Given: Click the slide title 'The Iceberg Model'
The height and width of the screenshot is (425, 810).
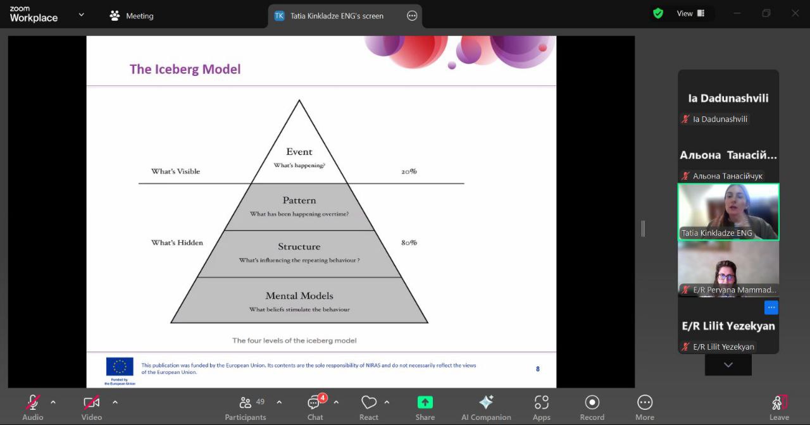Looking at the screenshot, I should [x=185, y=69].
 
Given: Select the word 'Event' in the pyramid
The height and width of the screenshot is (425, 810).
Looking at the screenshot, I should [x=299, y=152].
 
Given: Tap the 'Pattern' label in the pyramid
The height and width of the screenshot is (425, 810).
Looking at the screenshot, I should [x=299, y=200].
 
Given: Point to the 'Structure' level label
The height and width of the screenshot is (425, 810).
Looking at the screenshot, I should [x=299, y=247].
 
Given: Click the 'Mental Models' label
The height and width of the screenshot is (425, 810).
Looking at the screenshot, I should [x=299, y=295].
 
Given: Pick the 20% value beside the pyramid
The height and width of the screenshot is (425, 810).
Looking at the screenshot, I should [x=409, y=171].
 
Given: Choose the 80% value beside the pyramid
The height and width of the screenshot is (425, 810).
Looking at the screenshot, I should [x=409, y=242].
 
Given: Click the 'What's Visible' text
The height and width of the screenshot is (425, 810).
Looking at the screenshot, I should [x=175, y=171].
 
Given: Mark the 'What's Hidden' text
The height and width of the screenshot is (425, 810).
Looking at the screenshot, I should [x=177, y=242].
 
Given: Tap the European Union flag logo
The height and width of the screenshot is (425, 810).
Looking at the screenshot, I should [x=120, y=367].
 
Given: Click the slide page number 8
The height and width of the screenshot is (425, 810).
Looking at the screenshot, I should [x=538, y=369].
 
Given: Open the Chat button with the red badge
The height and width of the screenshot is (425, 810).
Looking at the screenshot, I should [x=315, y=403].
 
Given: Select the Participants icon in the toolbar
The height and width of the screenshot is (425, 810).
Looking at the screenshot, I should [x=246, y=403].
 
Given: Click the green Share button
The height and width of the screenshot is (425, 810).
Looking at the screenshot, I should [x=425, y=402].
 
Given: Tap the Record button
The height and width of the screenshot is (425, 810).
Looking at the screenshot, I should [x=592, y=402].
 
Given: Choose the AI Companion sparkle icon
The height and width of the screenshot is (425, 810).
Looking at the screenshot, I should [x=486, y=402].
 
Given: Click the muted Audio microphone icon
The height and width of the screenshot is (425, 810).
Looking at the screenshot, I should [x=33, y=402].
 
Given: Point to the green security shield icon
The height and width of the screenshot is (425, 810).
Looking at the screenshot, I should [x=658, y=13].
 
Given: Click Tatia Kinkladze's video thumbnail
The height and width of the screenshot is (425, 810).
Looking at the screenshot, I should [x=728, y=212].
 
